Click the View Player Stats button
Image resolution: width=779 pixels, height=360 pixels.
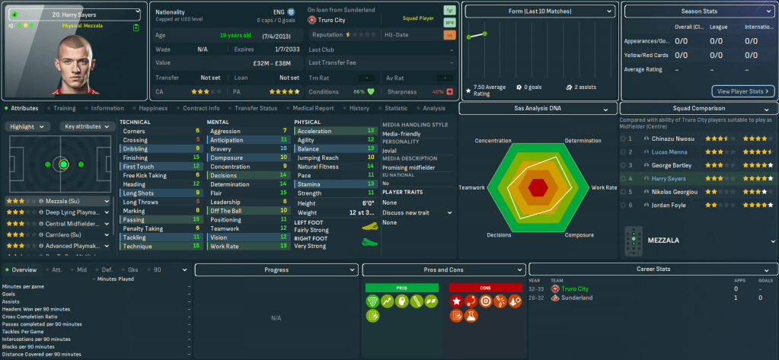742,91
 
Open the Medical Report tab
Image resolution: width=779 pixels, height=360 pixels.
313,108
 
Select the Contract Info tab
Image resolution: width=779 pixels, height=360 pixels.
201,108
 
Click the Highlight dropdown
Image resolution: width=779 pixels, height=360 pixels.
28,126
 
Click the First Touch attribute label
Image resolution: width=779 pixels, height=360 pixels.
138,166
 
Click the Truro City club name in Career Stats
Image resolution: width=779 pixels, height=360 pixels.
575,289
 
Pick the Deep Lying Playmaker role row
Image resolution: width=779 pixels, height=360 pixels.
58,212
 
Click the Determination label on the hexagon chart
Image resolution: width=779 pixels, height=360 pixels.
583,141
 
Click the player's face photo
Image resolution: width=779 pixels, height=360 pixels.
75,65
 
